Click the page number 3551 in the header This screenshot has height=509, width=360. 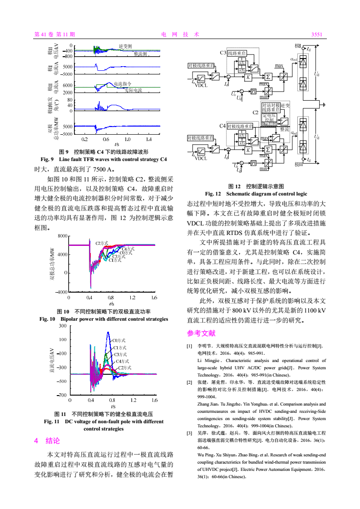tap(316, 34)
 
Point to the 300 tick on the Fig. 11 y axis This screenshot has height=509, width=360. tap(62, 326)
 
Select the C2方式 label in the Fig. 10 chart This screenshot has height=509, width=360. tap(102, 244)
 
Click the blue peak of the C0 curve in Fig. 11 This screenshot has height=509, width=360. tap(108, 333)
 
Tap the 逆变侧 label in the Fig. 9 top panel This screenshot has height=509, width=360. tap(125, 46)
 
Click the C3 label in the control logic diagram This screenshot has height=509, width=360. tap(222, 53)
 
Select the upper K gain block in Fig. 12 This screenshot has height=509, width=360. tap(248, 77)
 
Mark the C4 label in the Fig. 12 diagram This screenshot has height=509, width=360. tap(222, 125)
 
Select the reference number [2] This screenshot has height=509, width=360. tap(190, 382)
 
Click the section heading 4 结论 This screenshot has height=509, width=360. tap(47, 440)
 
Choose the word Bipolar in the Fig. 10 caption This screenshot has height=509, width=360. tap(71, 319)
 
